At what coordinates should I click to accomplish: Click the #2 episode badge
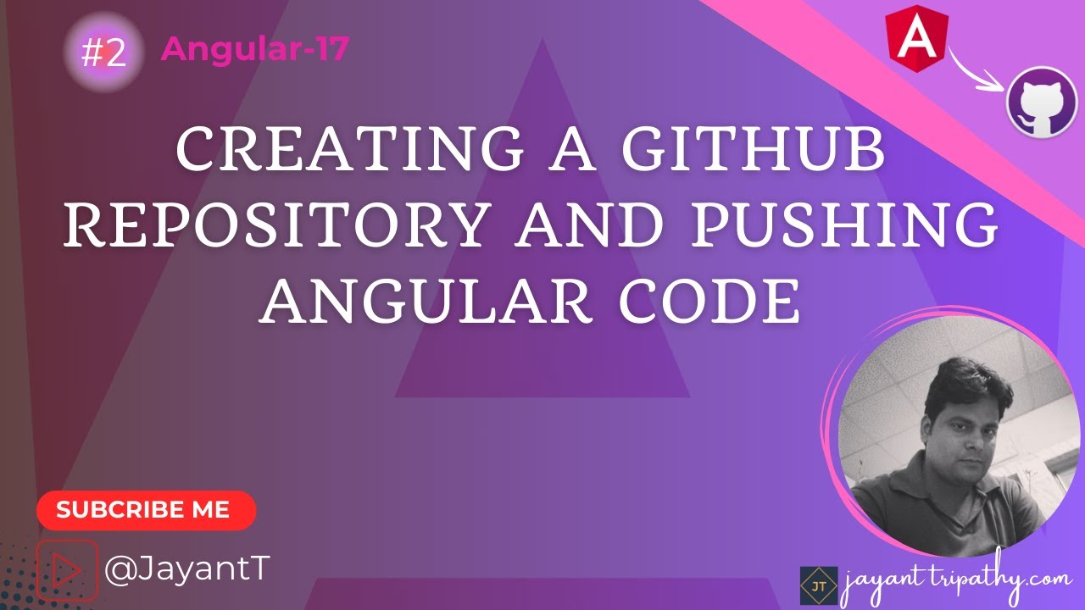tap(103, 53)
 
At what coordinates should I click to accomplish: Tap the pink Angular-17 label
tap(254, 50)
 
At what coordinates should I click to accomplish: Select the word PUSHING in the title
tap(863, 227)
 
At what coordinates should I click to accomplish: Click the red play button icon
tap(66, 569)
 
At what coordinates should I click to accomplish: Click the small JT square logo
tap(818, 585)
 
